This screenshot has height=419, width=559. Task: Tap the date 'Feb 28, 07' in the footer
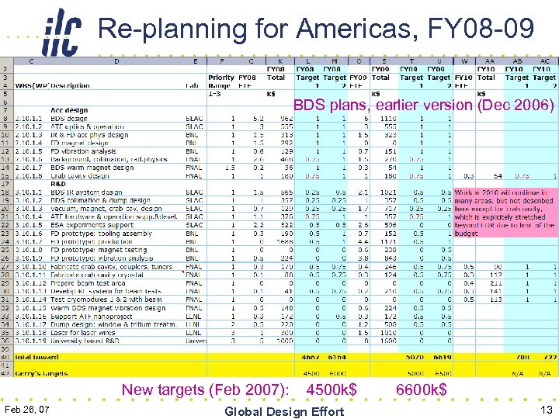27,409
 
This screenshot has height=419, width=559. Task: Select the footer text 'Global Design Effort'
283,411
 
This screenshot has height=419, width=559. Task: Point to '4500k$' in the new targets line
332,390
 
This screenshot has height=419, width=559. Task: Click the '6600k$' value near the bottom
422,390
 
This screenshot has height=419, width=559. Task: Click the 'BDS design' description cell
71,119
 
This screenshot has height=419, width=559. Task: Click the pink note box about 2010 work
505,213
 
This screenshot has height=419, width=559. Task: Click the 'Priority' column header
221,78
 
